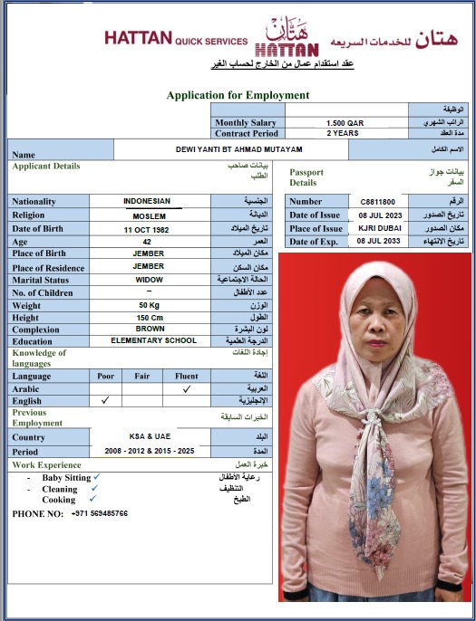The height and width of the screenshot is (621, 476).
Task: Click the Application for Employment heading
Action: [x=238, y=95]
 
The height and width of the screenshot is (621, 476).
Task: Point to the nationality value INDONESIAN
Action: [x=147, y=201]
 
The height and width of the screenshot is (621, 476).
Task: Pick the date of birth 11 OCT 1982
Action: [x=147, y=229]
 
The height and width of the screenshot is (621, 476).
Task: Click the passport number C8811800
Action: [x=377, y=202]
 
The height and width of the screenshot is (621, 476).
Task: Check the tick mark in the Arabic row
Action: [x=187, y=388]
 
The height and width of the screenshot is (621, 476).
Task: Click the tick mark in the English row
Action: [x=105, y=399]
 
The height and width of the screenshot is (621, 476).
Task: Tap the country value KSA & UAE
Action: [x=148, y=436]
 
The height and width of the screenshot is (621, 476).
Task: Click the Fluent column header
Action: [x=186, y=376]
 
